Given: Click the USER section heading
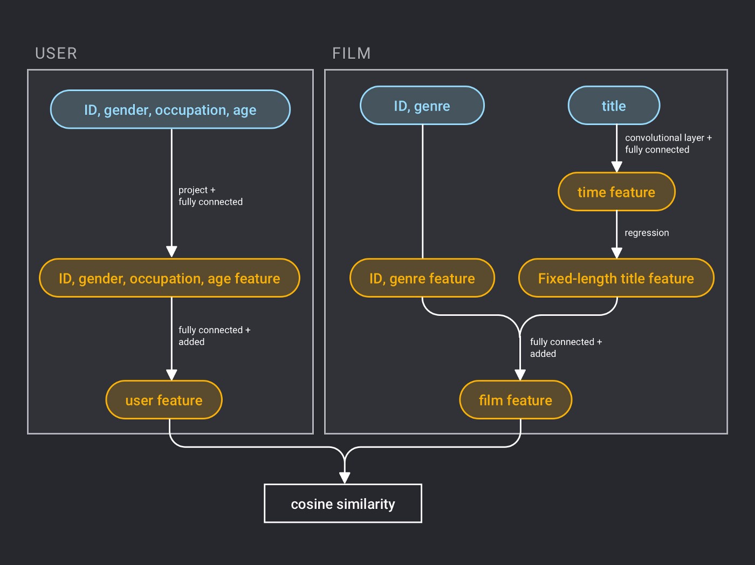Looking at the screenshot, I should point(56,53).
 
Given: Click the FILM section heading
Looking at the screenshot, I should point(351,53).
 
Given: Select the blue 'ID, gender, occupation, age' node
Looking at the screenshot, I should point(170,109).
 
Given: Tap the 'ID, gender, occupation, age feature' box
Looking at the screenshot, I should point(169,278).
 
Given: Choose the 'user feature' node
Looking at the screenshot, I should point(164,400).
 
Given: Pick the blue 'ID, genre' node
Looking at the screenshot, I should point(422,106).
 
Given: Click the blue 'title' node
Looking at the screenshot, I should point(614,106).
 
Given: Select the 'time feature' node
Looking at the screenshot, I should point(616,192).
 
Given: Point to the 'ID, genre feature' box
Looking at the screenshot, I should point(422,278).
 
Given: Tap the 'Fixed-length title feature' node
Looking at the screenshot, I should point(616,278).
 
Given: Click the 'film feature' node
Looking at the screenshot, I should point(516,400).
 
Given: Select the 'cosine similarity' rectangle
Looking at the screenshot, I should point(343,504).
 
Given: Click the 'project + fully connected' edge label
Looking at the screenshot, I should point(210,196).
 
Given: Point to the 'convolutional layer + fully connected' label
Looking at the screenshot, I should point(668,143).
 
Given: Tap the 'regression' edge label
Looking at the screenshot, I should point(647,233).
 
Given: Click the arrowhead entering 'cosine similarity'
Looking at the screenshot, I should point(345,478).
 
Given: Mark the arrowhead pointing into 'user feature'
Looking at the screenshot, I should point(171,375).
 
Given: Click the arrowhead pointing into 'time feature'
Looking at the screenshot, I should point(617,167).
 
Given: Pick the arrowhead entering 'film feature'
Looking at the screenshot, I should point(520,375).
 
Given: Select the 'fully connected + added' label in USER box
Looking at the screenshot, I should point(214,336).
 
